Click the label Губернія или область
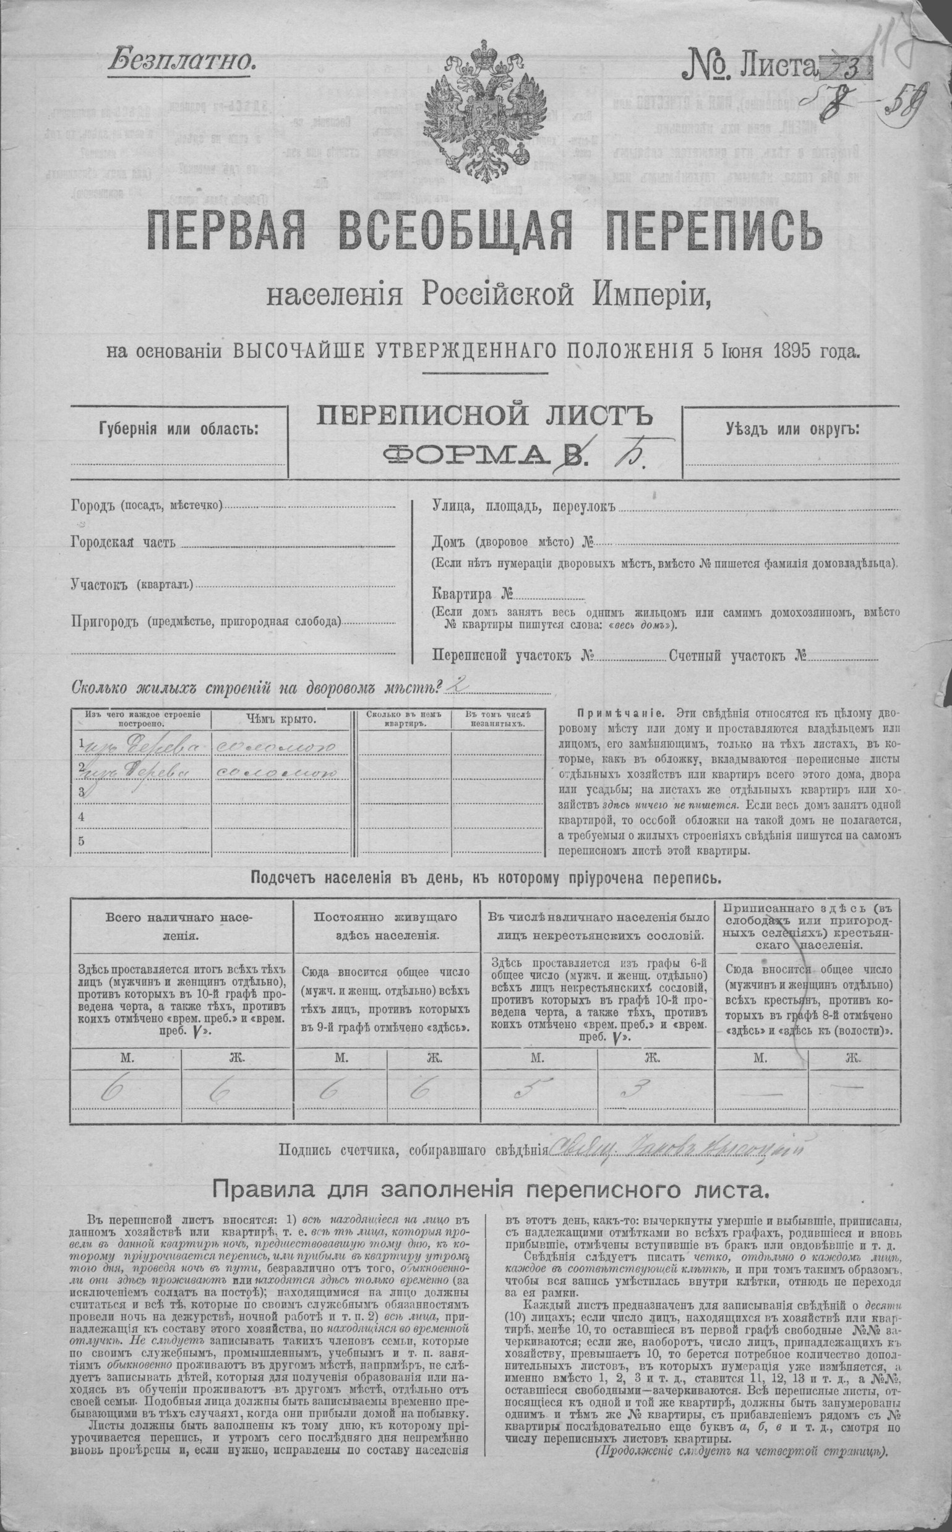(178, 429)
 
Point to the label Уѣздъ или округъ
(792, 429)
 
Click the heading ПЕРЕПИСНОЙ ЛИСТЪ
(484, 417)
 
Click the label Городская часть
(122, 543)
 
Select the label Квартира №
(472, 594)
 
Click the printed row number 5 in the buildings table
(81, 841)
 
